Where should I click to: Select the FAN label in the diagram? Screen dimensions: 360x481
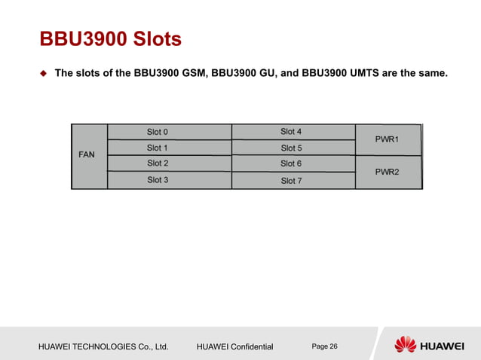(x=87, y=154)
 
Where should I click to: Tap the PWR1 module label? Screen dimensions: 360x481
(x=388, y=139)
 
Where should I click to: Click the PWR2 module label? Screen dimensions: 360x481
(x=388, y=172)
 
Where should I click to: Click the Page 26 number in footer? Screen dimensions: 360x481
(x=324, y=346)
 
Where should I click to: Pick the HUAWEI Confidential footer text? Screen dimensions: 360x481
(x=237, y=346)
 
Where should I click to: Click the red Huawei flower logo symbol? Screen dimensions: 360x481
(x=405, y=345)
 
